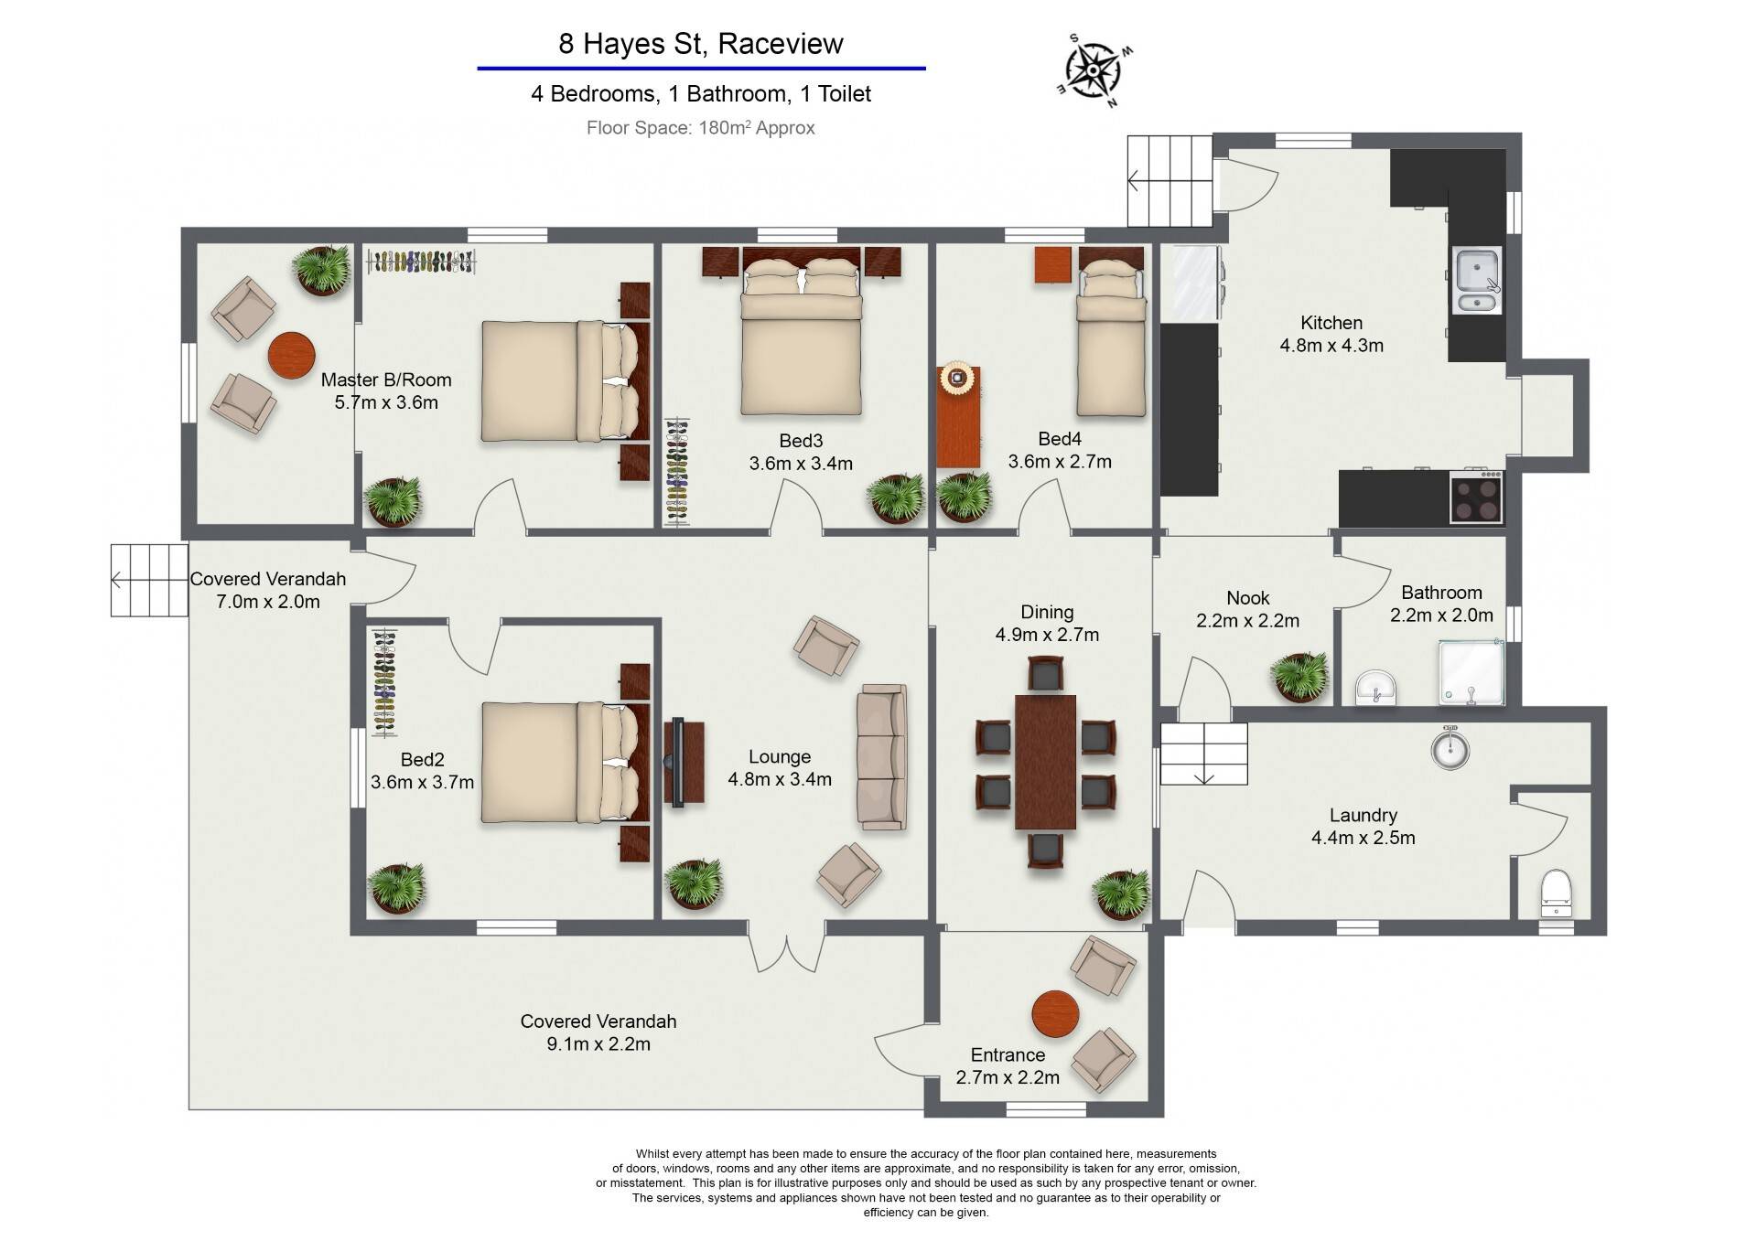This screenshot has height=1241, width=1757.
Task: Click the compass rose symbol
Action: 1095,70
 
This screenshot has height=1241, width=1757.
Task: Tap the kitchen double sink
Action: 1477,281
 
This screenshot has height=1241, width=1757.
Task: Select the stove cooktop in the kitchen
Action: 1476,497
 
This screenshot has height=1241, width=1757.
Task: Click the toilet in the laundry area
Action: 1556,893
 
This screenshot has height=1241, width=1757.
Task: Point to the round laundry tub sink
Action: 1450,749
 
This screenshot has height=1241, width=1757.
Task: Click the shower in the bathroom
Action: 1471,672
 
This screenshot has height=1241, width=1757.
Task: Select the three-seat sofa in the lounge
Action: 881,756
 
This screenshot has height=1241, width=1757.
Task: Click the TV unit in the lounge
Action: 683,763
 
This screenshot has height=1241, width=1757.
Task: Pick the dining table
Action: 1045,762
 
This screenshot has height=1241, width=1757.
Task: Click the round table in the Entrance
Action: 1056,1014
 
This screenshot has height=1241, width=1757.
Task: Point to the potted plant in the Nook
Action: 1299,677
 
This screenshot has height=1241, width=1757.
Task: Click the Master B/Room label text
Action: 386,380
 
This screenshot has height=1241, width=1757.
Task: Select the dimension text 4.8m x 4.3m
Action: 1331,346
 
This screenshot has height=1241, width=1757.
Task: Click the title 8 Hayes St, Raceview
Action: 701,44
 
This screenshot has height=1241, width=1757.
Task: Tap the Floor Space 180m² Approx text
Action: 701,128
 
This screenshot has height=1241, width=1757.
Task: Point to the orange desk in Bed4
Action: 959,417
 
